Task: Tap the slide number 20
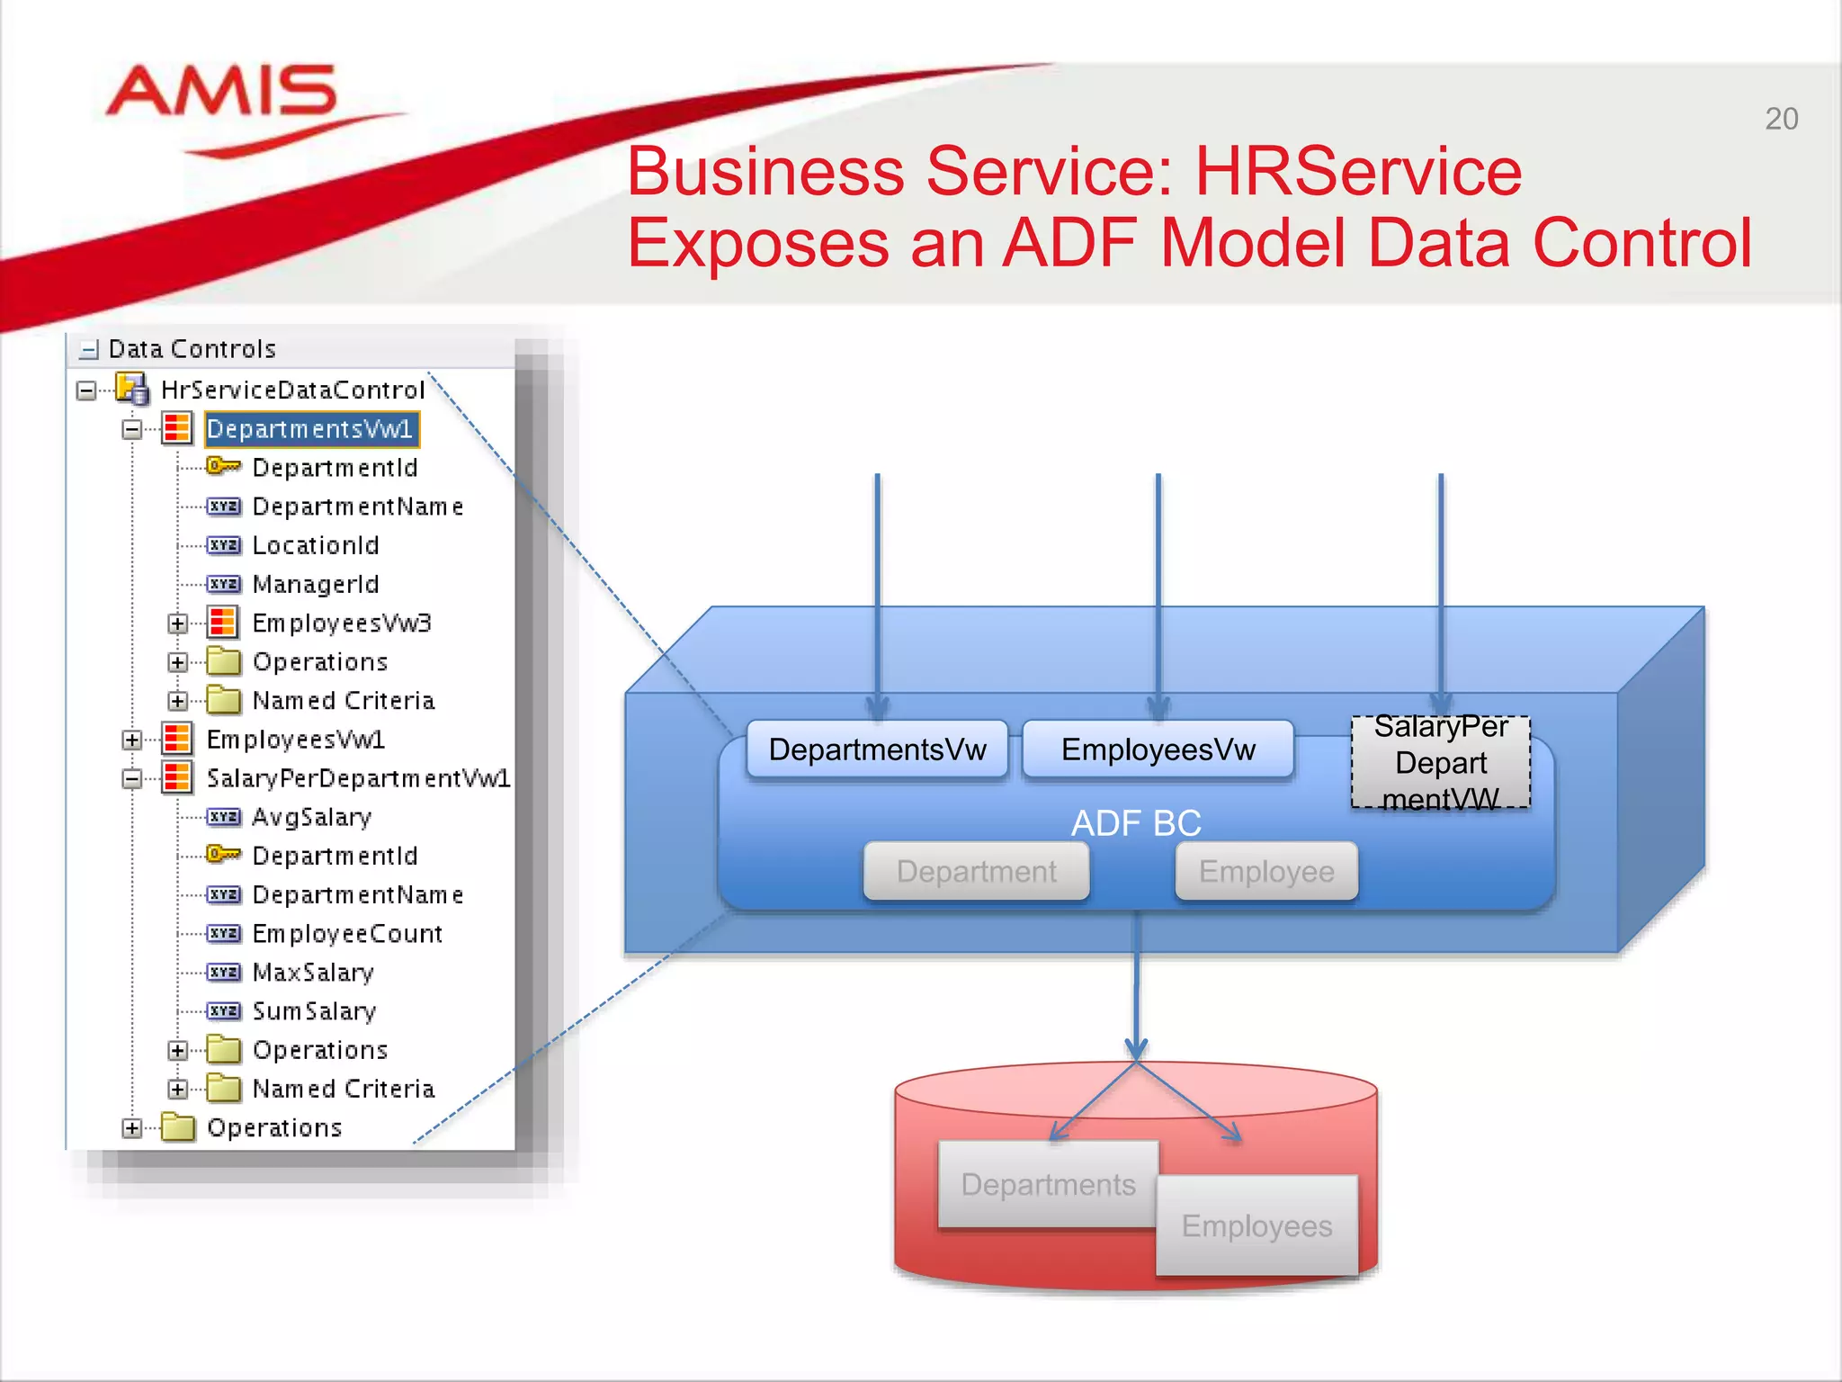tap(1781, 119)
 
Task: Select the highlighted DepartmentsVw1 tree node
tap(310, 429)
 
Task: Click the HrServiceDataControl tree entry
tap(292, 390)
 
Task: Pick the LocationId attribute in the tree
tap(316, 545)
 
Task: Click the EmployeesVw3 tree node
tap(342, 623)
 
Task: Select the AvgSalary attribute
tap(311, 817)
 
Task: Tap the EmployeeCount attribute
tap(347, 934)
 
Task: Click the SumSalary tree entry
tap(314, 1011)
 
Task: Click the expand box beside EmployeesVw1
tap(132, 740)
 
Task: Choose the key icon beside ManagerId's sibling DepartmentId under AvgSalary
tap(222, 854)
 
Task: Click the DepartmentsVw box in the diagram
tap(877, 749)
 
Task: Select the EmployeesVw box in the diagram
tap(1158, 749)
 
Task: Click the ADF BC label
tap(1136, 823)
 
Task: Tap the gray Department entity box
tap(976, 871)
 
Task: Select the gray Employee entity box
tap(1265, 871)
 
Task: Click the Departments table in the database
tap(1047, 1184)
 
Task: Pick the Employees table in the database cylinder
tap(1256, 1225)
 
